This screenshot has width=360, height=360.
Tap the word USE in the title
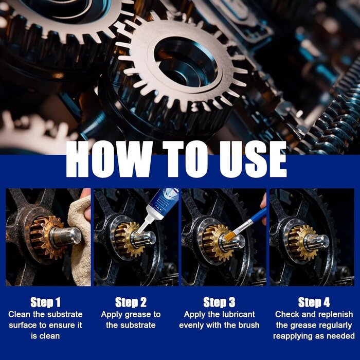tap(253, 159)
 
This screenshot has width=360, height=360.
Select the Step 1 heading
tap(45, 302)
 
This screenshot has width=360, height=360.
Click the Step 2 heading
tap(131, 302)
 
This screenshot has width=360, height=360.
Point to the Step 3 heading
tap(219, 302)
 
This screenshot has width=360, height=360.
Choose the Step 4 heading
tap(314, 302)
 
